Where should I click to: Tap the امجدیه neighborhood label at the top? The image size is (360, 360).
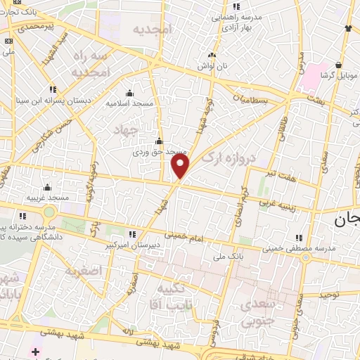coord(152,29)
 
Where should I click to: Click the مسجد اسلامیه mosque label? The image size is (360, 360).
coord(131,103)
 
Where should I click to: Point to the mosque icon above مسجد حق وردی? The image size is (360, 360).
coord(160,141)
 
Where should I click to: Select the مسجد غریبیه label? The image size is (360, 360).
coord(47,198)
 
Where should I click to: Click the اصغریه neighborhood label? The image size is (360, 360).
coord(83,270)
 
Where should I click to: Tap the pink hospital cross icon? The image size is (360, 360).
coord(34,350)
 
